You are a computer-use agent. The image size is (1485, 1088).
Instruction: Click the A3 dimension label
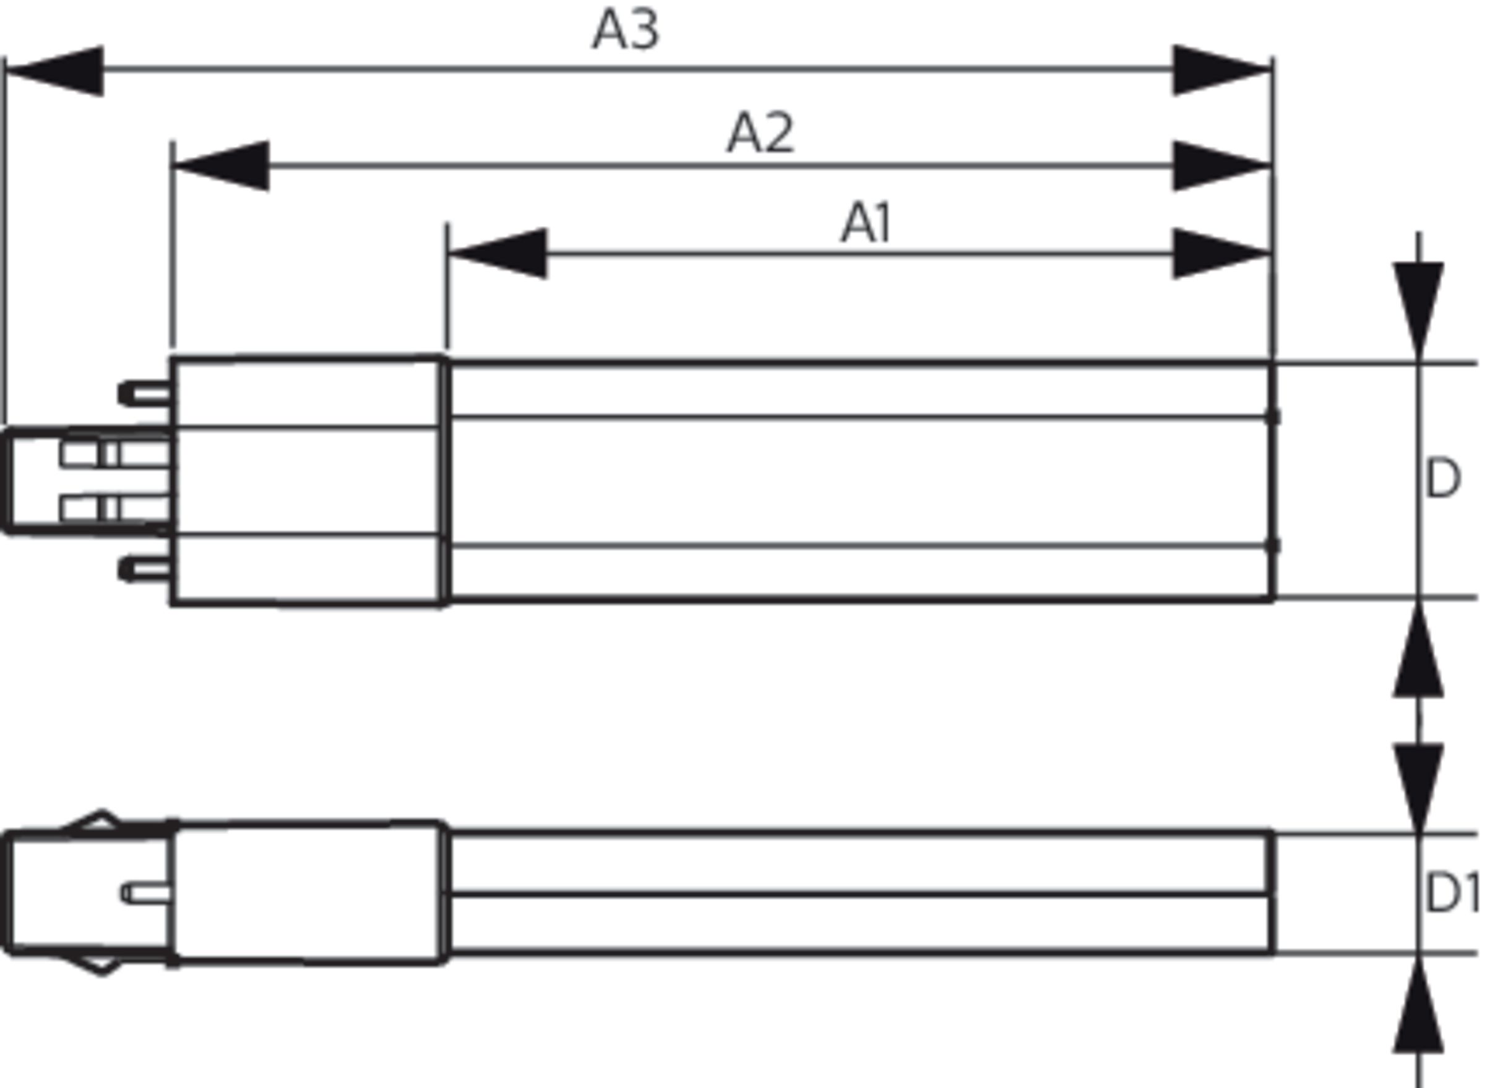[625, 30]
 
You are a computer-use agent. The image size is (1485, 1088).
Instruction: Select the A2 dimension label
[760, 133]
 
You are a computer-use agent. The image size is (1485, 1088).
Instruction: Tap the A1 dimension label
[866, 224]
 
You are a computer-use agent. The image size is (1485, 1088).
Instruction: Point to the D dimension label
[1442, 480]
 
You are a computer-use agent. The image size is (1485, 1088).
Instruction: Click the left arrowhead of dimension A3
[56, 71]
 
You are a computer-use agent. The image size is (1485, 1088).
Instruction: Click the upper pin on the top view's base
[145, 394]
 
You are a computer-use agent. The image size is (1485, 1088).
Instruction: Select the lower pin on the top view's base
[145, 568]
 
